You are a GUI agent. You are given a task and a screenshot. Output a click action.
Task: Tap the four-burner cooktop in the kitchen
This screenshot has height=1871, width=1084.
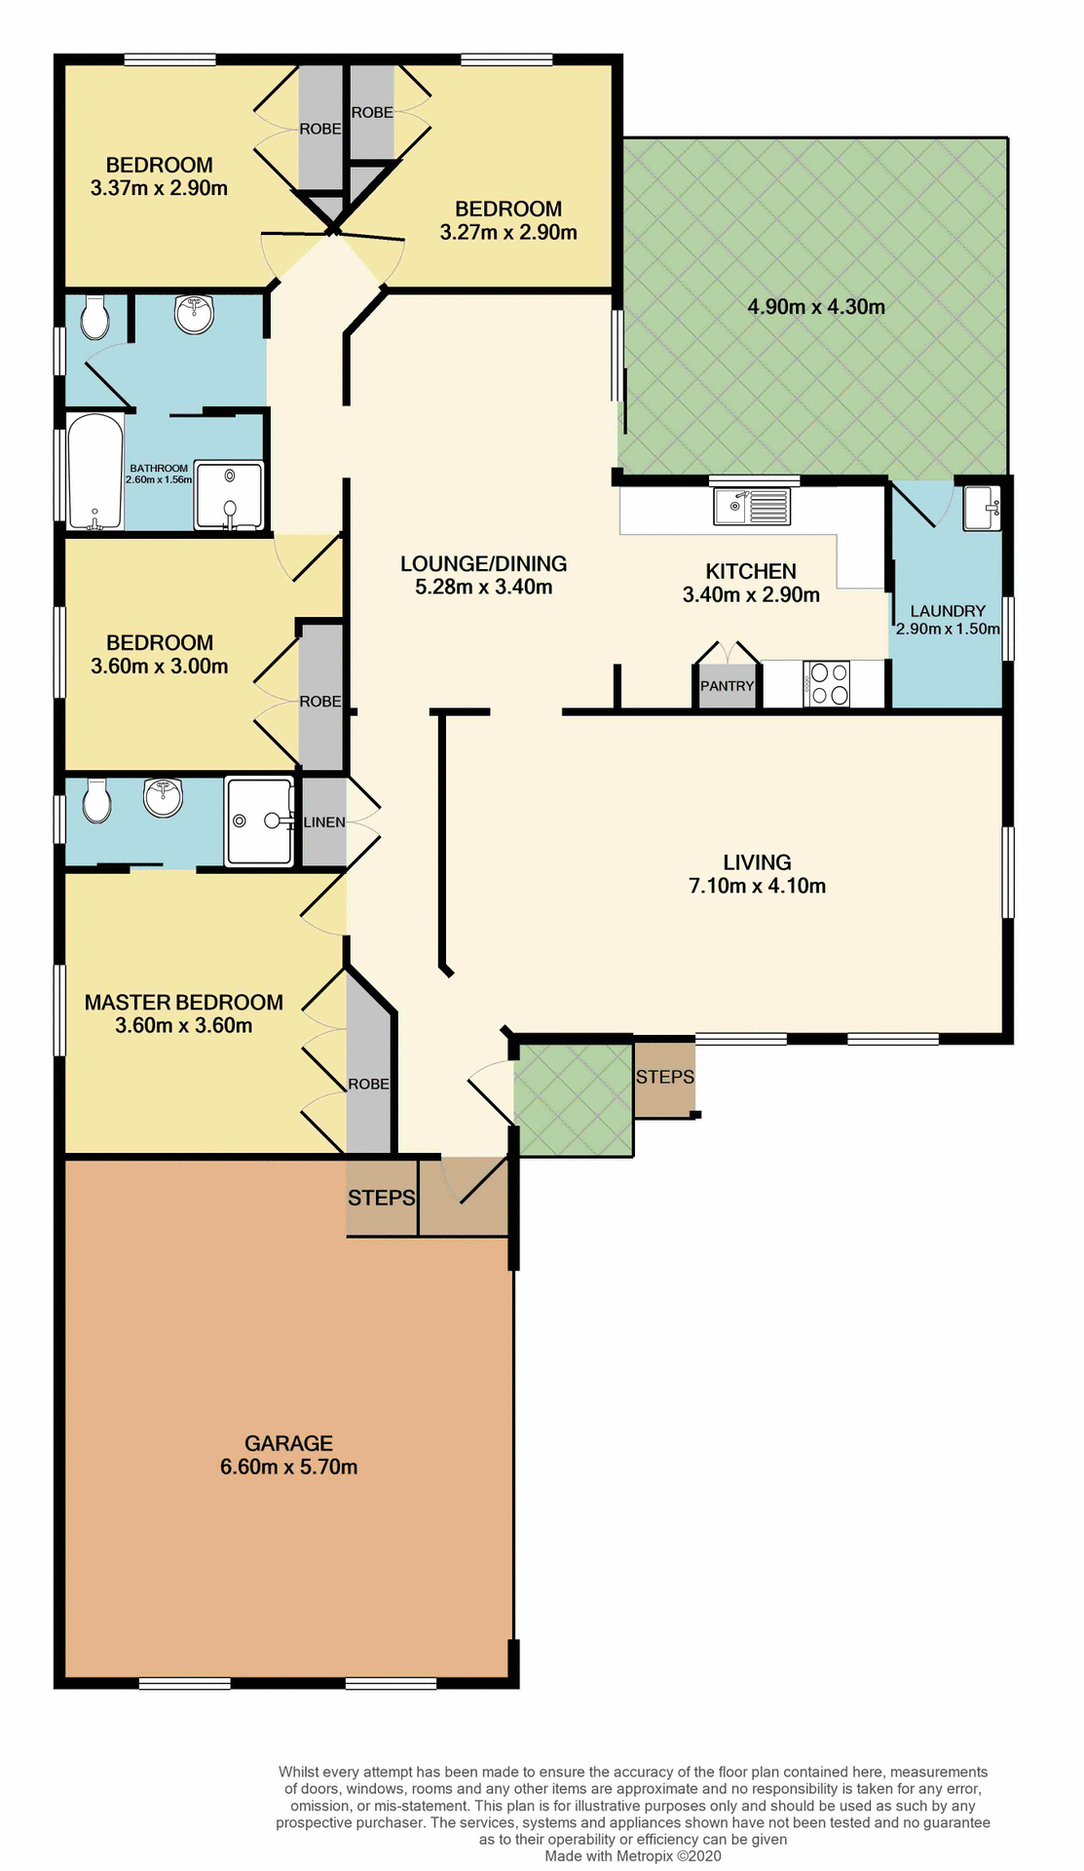(x=827, y=683)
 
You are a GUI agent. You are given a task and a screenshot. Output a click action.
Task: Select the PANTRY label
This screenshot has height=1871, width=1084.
(x=728, y=686)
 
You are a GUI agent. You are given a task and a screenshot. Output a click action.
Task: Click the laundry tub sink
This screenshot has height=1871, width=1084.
(x=982, y=509)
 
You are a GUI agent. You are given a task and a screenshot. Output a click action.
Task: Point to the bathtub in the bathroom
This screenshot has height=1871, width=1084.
(x=94, y=472)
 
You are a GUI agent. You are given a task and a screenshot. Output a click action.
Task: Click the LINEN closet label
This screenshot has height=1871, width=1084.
(x=324, y=822)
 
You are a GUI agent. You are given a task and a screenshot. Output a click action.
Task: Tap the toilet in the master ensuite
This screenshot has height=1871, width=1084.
(x=95, y=801)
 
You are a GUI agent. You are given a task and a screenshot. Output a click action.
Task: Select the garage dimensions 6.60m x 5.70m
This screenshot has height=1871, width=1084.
(x=288, y=1467)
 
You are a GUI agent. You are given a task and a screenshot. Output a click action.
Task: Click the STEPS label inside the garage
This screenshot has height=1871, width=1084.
(x=382, y=1198)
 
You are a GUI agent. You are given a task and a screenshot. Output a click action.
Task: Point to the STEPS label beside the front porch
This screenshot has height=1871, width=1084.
(x=665, y=1077)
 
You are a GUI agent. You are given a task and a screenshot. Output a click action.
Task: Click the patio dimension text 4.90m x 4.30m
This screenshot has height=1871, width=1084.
(x=816, y=307)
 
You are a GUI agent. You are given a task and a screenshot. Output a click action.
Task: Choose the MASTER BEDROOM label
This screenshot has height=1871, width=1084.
(x=183, y=1002)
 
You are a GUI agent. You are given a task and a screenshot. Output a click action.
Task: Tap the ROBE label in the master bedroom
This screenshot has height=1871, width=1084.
(x=369, y=1085)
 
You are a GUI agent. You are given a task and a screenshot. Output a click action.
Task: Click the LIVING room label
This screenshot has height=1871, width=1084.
(x=757, y=862)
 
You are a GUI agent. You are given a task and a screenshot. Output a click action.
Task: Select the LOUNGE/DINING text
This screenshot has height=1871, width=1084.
(x=483, y=563)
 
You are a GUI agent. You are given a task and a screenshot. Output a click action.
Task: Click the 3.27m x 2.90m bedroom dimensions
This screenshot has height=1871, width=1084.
(x=508, y=232)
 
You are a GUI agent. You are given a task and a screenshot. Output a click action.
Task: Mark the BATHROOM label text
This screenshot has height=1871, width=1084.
(x=160, y=469)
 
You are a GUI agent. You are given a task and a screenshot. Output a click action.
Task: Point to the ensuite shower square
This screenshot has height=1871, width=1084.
(x=259, y=821)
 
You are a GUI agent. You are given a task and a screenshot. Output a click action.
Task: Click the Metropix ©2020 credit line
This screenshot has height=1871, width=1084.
(x=633, y=1856)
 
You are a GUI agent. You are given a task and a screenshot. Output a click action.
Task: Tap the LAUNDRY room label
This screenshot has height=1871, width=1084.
(x=948, y=611)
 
